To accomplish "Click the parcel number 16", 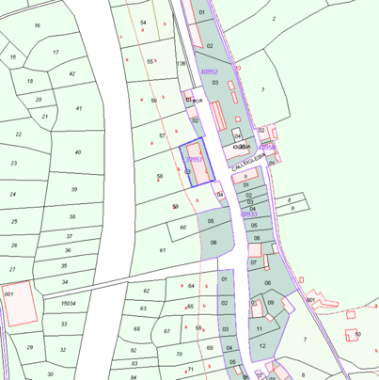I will [x=38, y=25].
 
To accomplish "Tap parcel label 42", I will [x=72, y=73].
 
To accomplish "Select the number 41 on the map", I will [x=79, y=108].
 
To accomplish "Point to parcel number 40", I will [x=77, y=151].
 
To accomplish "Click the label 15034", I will [x=68, y=303].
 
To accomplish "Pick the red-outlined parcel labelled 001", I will [x=8, y=294].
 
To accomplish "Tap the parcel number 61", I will [x=163, y=250].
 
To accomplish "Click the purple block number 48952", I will [x=210, y=71].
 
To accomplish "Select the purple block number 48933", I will [x=248, y=214].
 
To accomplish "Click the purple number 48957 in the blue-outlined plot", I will [x=195, y=160].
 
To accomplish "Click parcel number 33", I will [x=65, y=324].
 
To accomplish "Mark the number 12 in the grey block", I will [x=262, y=345].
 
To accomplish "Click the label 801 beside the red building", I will [x=310, y=299].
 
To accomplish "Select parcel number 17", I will [x=55, y=53].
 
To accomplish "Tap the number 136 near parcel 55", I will [x=181, y=63].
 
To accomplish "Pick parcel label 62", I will [x=146, y=291].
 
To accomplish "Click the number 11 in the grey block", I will [x=259, y=328].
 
